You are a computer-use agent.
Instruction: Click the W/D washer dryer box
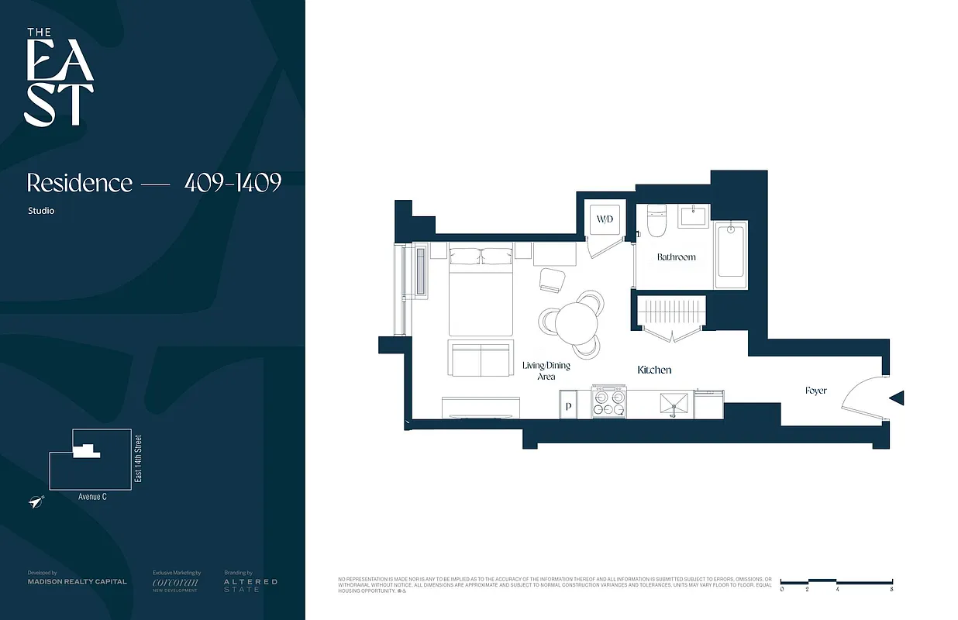coord(605,219)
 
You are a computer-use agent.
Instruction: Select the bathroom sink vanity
coord(694,216)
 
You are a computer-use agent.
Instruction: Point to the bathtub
coord(730,250)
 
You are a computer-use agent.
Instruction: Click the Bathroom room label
coord(676,257)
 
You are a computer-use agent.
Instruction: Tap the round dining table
coord(575,320)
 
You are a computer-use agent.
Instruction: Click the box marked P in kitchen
coord(569,405)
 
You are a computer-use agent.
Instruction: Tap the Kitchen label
coord(654,370)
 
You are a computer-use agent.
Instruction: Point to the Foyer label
coord(815,391)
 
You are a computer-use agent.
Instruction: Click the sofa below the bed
coord(481,357)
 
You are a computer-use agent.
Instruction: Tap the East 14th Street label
coord(139,459)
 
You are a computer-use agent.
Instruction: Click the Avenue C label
coord(92,497)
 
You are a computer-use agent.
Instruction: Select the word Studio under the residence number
coord(40,211)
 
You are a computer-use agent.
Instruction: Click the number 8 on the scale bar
coord(892,590)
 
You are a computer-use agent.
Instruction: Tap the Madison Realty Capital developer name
coord(77,581)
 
